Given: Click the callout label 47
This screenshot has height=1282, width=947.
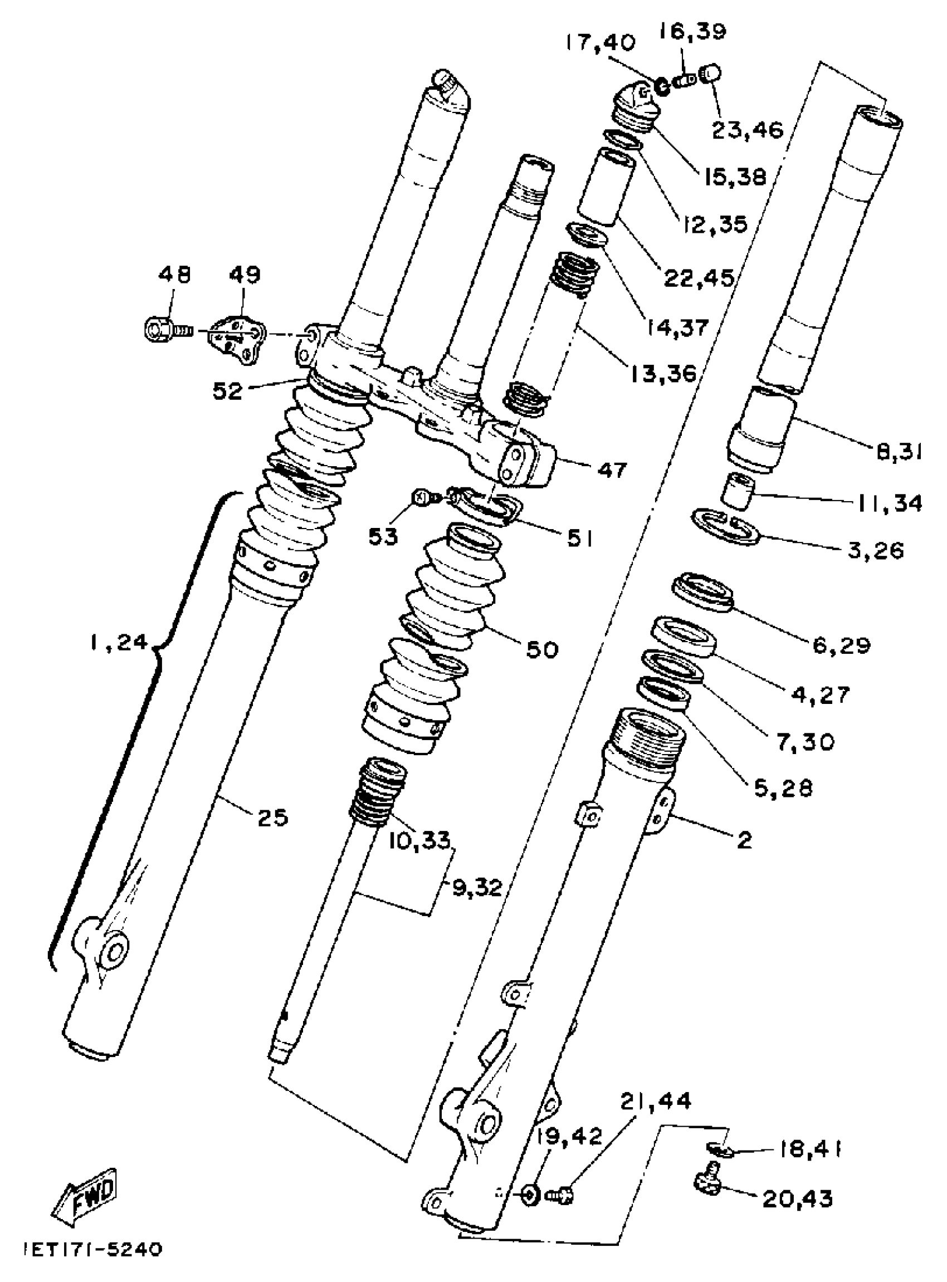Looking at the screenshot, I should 613,470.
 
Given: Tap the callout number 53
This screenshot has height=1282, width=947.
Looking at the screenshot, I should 383,537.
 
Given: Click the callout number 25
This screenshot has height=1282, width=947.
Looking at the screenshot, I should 272,817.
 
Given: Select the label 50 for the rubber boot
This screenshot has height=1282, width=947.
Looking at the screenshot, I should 541,650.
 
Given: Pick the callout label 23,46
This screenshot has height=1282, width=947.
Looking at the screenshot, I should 748,131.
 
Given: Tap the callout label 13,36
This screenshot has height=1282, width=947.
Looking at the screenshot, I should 663,374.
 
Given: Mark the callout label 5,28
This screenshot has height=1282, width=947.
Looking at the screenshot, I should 784,789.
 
